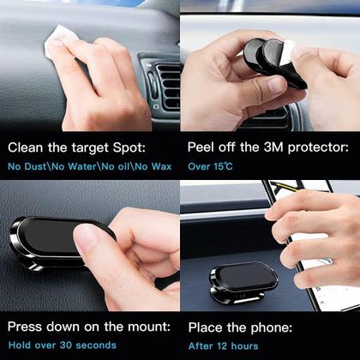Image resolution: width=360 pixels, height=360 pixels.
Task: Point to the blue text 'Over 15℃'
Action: [211, 163]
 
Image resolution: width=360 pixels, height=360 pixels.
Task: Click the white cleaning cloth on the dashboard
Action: [58, 39]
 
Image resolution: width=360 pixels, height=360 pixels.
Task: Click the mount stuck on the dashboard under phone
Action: [242, 279]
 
